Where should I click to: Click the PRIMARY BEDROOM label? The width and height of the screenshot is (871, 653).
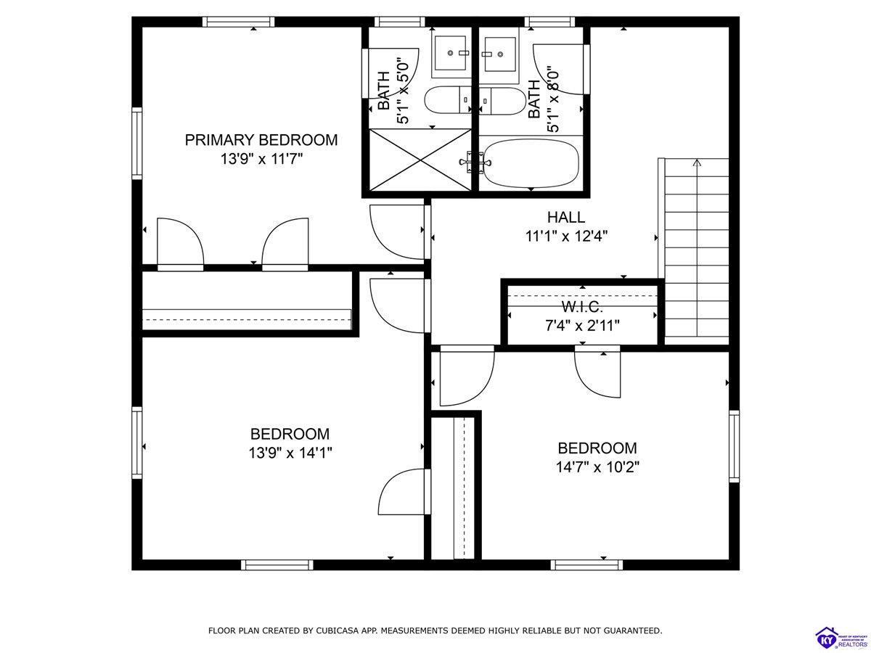click(261, 140)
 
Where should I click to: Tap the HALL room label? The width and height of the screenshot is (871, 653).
click(566, 217)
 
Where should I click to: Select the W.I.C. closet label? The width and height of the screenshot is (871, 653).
click(582, 307)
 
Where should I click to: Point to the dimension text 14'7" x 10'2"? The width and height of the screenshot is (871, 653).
click(597, 467)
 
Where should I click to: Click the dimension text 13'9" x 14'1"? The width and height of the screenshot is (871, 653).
click(290, 453)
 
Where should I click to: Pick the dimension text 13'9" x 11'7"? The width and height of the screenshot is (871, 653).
click(261, 160)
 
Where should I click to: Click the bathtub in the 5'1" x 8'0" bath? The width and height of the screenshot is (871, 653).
click(531, 163)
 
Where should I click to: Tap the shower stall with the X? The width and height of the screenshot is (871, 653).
click(420, 160)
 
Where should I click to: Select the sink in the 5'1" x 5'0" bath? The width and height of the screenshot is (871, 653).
click(451, 53)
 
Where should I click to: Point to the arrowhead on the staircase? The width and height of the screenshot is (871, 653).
click(698, 163)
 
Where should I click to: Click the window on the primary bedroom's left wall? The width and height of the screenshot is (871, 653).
click(137, 143)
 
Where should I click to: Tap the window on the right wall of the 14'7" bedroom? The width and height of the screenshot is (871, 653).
click(734, 446)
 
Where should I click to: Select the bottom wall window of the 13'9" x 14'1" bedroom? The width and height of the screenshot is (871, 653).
click(277, 564)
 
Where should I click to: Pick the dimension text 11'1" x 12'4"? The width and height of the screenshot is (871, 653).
click(567, 237)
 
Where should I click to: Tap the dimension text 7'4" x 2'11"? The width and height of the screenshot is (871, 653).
click(582, 326)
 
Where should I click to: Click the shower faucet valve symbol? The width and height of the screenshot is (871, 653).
click(475, 162)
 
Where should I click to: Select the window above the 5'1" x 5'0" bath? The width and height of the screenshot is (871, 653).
click(400, 22)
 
